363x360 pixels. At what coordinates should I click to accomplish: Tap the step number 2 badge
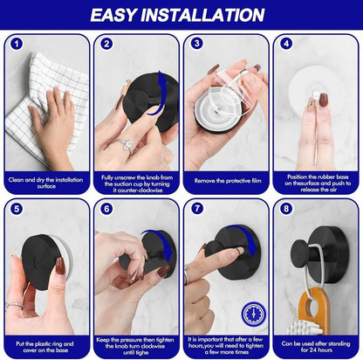(106, 43)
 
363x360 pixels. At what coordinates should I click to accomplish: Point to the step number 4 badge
(286, 43)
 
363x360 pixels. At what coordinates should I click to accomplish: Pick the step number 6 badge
(106, 209)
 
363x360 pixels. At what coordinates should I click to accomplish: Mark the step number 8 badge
(286, 209)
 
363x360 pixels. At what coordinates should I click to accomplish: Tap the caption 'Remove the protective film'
(226, 179)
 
